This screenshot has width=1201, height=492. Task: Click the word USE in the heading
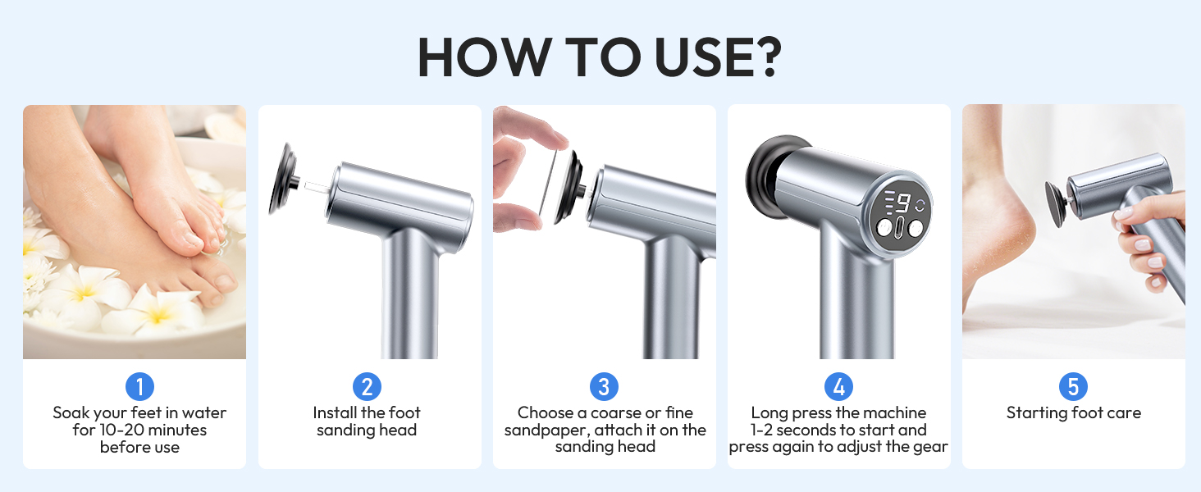699,57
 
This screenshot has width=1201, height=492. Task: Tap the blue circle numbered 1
140,386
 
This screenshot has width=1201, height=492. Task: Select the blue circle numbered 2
368,386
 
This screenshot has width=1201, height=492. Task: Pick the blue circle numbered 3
604,386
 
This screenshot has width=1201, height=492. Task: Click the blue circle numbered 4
838,386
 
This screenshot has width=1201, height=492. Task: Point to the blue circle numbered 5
1073,386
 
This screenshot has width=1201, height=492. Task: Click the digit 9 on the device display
903,203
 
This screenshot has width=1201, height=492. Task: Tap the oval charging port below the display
900,227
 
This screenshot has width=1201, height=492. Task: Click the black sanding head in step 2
284,179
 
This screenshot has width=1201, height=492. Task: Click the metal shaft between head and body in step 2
317,186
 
